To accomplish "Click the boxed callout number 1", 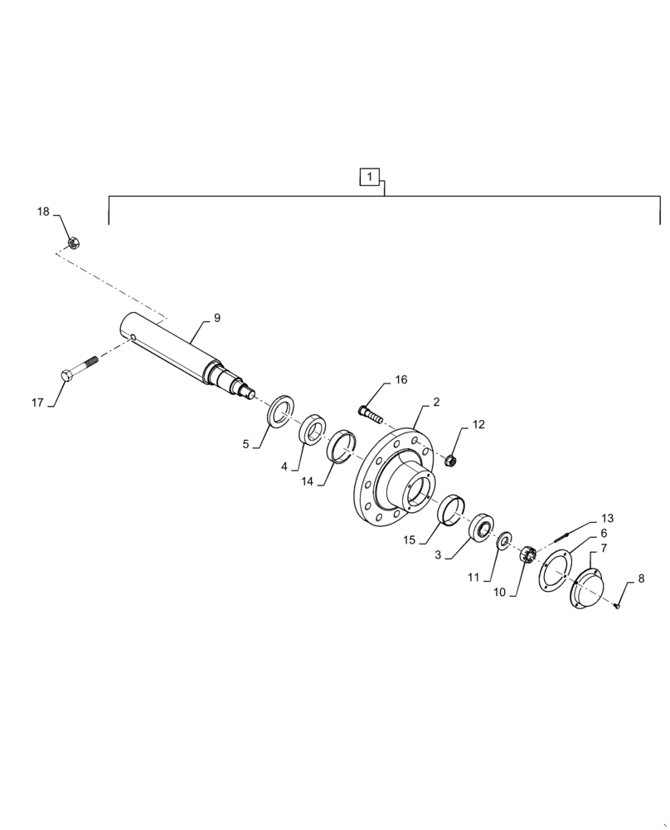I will click(369, 177).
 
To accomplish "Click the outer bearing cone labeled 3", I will click(482, 528).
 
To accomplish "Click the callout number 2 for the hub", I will click(436, 403).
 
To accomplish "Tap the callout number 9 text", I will click(216, 318).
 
